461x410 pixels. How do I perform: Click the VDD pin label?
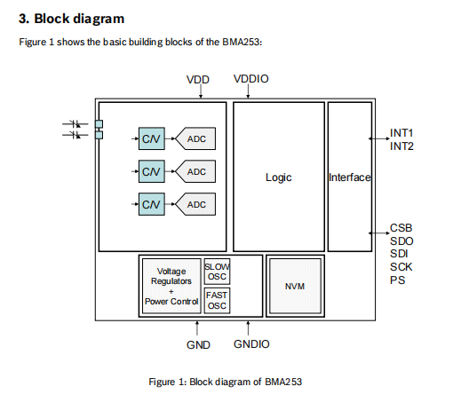pyautogui.click(x=198, y=80)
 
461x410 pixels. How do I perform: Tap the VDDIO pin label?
pyautogui.click(x=251, y=79)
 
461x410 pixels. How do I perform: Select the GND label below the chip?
pyautogui.click(x=198, y=345)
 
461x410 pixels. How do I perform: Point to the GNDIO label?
pyautogui.click(x=251, y=344)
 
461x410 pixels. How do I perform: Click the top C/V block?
pyautogui.click(x=152, y=138)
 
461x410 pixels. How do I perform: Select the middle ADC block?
pyautogui.click(x=195, y=171)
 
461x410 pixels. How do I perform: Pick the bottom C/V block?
pyautogui.click(x=152, y=204)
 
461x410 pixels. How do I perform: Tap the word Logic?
pyautogui.click(x=279, y=177)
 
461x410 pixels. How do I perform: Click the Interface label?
pyautogui.click(x=350, y=177)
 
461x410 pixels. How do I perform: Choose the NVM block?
pyautogui.click(x=295, y=286)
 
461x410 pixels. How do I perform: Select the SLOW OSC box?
pyautogui.click(x=217, y=272)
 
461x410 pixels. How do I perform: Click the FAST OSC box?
pyautogui.click(x=217, y=301)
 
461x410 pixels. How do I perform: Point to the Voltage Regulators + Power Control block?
pyautogui.click(x=171, y=286)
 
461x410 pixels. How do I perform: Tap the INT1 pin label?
pyautogui.click(x=401, y=133)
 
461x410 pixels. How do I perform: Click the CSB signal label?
pyautogui.click(x=401, y=228)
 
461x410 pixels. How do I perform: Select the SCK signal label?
pyautogui.click(x=401, y=267)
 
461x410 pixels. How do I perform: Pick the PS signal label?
pyautogui.click(x=397, y=280)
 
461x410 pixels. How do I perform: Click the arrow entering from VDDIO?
pyautogui.click(x=248, y=91)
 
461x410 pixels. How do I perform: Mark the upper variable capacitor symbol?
pyautogui.click(x=76, y=123)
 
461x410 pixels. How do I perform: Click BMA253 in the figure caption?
pyautogui.click(x=283, y=382)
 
